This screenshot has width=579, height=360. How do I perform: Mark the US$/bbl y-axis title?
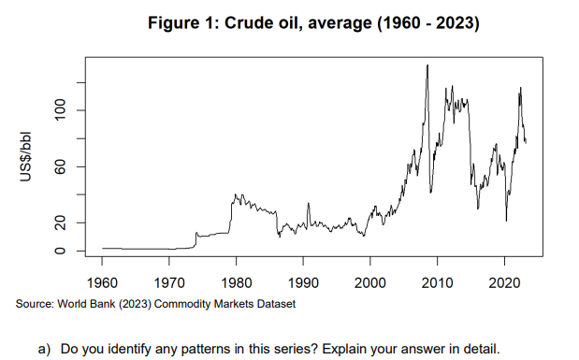[31, 155]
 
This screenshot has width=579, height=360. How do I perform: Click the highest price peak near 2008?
[427, 65]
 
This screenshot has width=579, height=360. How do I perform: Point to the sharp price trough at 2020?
[506, 221]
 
